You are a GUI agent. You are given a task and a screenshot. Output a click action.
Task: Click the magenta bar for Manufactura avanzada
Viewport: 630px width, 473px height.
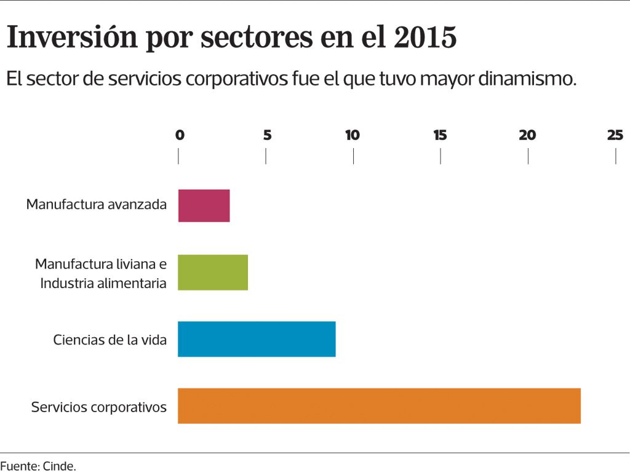[x=204, y=205]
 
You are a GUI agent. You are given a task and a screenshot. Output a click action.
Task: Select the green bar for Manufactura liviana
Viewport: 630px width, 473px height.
[x=213, y=272]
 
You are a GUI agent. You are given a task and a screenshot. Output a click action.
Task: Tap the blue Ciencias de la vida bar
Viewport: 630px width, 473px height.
[x=257, y=338]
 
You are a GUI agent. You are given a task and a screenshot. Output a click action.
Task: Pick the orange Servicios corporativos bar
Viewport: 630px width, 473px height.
[x=379, y=405]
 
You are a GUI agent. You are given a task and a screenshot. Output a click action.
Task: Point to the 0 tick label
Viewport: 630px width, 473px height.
[x=180, y=136]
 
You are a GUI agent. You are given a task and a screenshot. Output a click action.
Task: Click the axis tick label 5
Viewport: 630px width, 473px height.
[x=267, y=136]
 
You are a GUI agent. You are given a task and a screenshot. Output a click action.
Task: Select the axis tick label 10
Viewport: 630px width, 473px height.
[x=353, y=136]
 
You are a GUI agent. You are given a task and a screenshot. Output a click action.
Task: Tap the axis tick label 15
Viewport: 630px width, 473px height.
[x=440, y=136]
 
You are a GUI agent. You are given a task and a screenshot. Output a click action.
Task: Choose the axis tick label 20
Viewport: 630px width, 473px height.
[x=527, y=136]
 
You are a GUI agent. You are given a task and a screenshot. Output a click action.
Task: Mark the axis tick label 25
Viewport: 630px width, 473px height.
[x=615, y=136]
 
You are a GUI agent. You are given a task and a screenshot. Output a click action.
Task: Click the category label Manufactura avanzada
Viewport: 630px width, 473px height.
[x=97, y=205]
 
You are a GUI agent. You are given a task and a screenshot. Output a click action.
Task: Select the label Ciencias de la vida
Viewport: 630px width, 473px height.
[x=110, y=340]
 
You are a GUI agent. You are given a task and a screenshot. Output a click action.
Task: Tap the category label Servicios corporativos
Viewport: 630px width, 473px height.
[x=99, y=407]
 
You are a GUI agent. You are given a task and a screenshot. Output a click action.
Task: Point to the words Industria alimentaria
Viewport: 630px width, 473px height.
[x=103, y=284]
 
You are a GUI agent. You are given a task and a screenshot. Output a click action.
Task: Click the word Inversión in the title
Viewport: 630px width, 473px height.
[x=72, y=38]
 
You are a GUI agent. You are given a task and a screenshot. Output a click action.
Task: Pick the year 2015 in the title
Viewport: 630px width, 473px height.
[x=425, y=38]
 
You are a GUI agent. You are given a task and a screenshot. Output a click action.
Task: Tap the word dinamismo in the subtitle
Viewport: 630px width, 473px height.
[x=521, y=79]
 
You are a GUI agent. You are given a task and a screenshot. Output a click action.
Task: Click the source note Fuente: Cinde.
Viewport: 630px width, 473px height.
[x=38, y=466]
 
